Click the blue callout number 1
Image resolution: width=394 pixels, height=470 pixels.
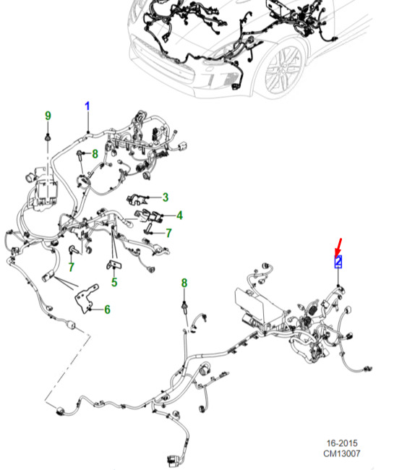(x=87, y=106)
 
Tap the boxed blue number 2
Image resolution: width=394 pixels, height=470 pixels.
(x=338, y=261)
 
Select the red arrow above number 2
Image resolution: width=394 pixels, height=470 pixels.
(x=338, y=247)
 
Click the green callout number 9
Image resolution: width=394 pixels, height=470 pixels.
(x=48, y=116)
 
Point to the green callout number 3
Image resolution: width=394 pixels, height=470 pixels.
(x=166, y=197)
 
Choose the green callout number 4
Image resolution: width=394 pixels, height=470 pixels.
(x=179, y=215)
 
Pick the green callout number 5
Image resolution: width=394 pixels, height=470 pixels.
(x=114, y=282)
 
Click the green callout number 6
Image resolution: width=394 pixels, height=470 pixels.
(x=107, y=309)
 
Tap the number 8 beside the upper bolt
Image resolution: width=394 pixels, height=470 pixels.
(x=95, y=154)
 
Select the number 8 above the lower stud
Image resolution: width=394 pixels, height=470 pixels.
(x=184, y=283)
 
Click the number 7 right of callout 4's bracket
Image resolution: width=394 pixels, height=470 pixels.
(x=168, y=233)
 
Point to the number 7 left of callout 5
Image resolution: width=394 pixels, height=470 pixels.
(x=71, y=267)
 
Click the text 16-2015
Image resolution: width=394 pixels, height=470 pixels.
(x=342, y=443)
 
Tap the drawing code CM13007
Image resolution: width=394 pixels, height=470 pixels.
(x=341, y=453)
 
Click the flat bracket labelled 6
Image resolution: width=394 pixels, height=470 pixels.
(x=87, y=299)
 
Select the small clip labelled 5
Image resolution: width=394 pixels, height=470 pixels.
(x=114, y=265)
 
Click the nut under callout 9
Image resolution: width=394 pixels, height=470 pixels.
(x=48, y=137)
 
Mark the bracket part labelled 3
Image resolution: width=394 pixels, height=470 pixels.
(x=137, y=199)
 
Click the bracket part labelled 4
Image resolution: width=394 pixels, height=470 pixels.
(x=149, y=216)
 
